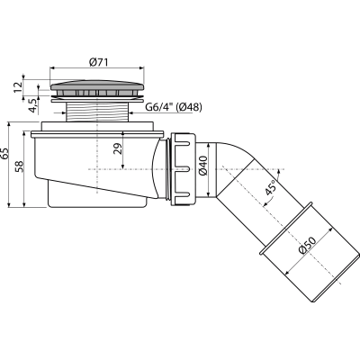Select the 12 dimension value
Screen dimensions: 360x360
pos(18,86)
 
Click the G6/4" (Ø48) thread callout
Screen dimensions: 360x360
pos(174,107)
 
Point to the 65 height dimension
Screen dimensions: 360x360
pos(5,154)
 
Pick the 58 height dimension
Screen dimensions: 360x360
pos(19,167)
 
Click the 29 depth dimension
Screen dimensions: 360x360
pos(118,148)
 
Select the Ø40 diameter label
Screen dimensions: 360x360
pos(202,166)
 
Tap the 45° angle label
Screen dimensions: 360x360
pos(270,187)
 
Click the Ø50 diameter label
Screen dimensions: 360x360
pos(308,246)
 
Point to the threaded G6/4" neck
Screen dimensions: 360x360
pos(97,112)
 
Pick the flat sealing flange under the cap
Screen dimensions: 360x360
pos(97,101)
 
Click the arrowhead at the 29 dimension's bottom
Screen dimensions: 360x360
pos(123,166)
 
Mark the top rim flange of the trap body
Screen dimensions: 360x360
pos(97,134)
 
